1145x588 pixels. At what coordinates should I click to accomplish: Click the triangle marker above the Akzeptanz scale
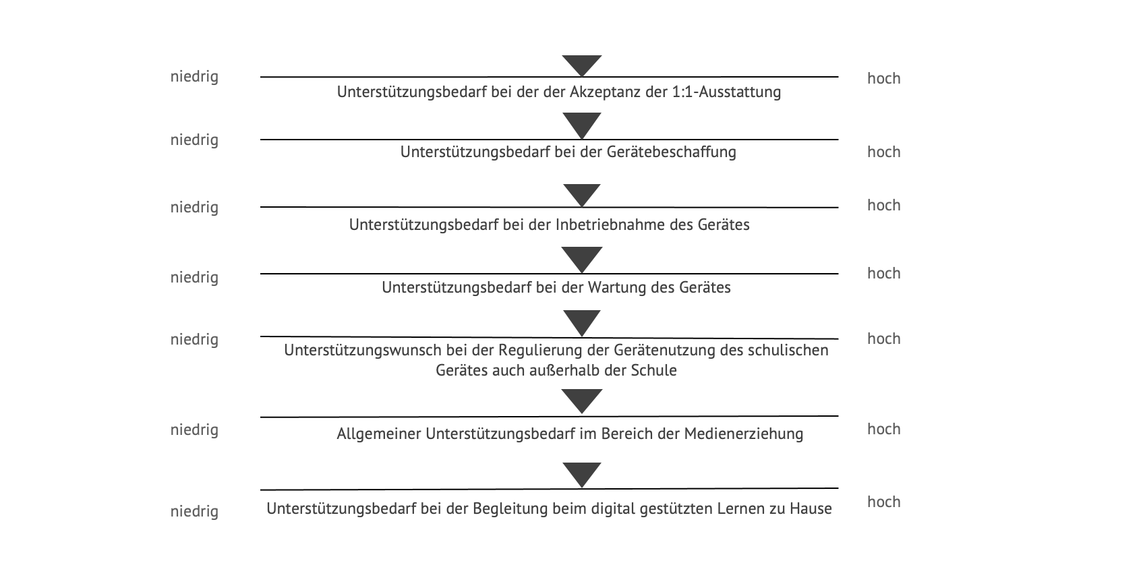click(x=582, y=65)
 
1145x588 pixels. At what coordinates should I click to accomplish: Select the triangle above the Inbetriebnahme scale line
click(x=582, y=194)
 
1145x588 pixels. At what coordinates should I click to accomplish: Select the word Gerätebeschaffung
click(x=672, y=152)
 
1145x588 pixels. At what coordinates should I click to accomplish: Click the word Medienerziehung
click(x=744, y=434)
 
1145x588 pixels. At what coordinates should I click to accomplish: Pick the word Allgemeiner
click(x=379, y=434)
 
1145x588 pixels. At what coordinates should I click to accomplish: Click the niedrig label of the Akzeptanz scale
click(x=194, y=77)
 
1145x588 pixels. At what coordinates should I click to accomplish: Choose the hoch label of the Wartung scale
click(x=884, y=273)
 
